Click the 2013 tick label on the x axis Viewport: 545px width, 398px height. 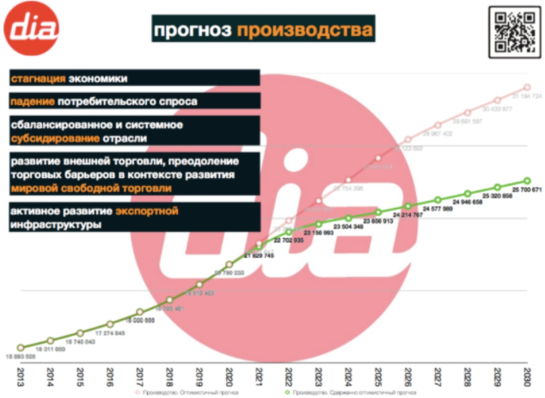(21, 377)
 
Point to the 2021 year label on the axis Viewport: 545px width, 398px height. (260, 377)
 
